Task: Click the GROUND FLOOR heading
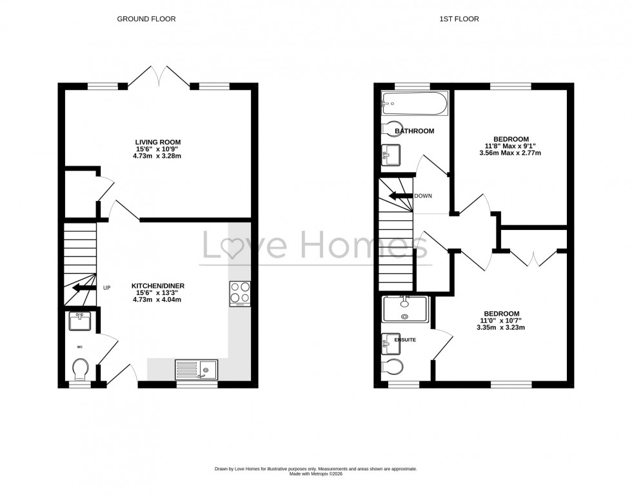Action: click(x=146, y=19)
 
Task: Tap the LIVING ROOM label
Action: click(x=158, y=142)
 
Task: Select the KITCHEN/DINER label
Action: click(x=158, y=285)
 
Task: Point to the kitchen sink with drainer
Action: click(x=197, y=369)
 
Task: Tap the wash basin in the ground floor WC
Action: click(x=80, y=320)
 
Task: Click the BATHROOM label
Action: click(x=414, y=131)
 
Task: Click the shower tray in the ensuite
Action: click(x=404, y=309)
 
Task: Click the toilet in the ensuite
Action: click(x=393, y=366)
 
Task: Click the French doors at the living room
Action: click(x=159, y=76)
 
